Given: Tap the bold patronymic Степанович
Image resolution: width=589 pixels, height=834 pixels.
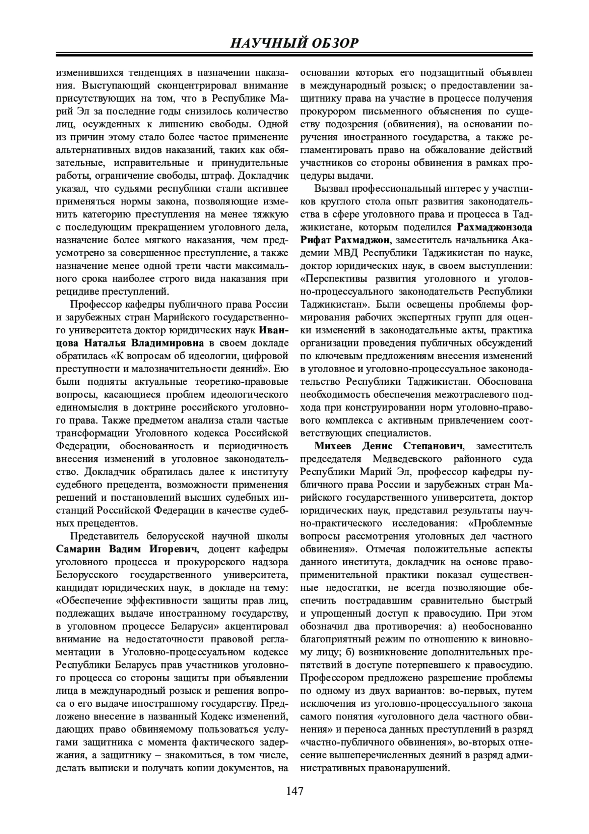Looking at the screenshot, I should tap(434, 446).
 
